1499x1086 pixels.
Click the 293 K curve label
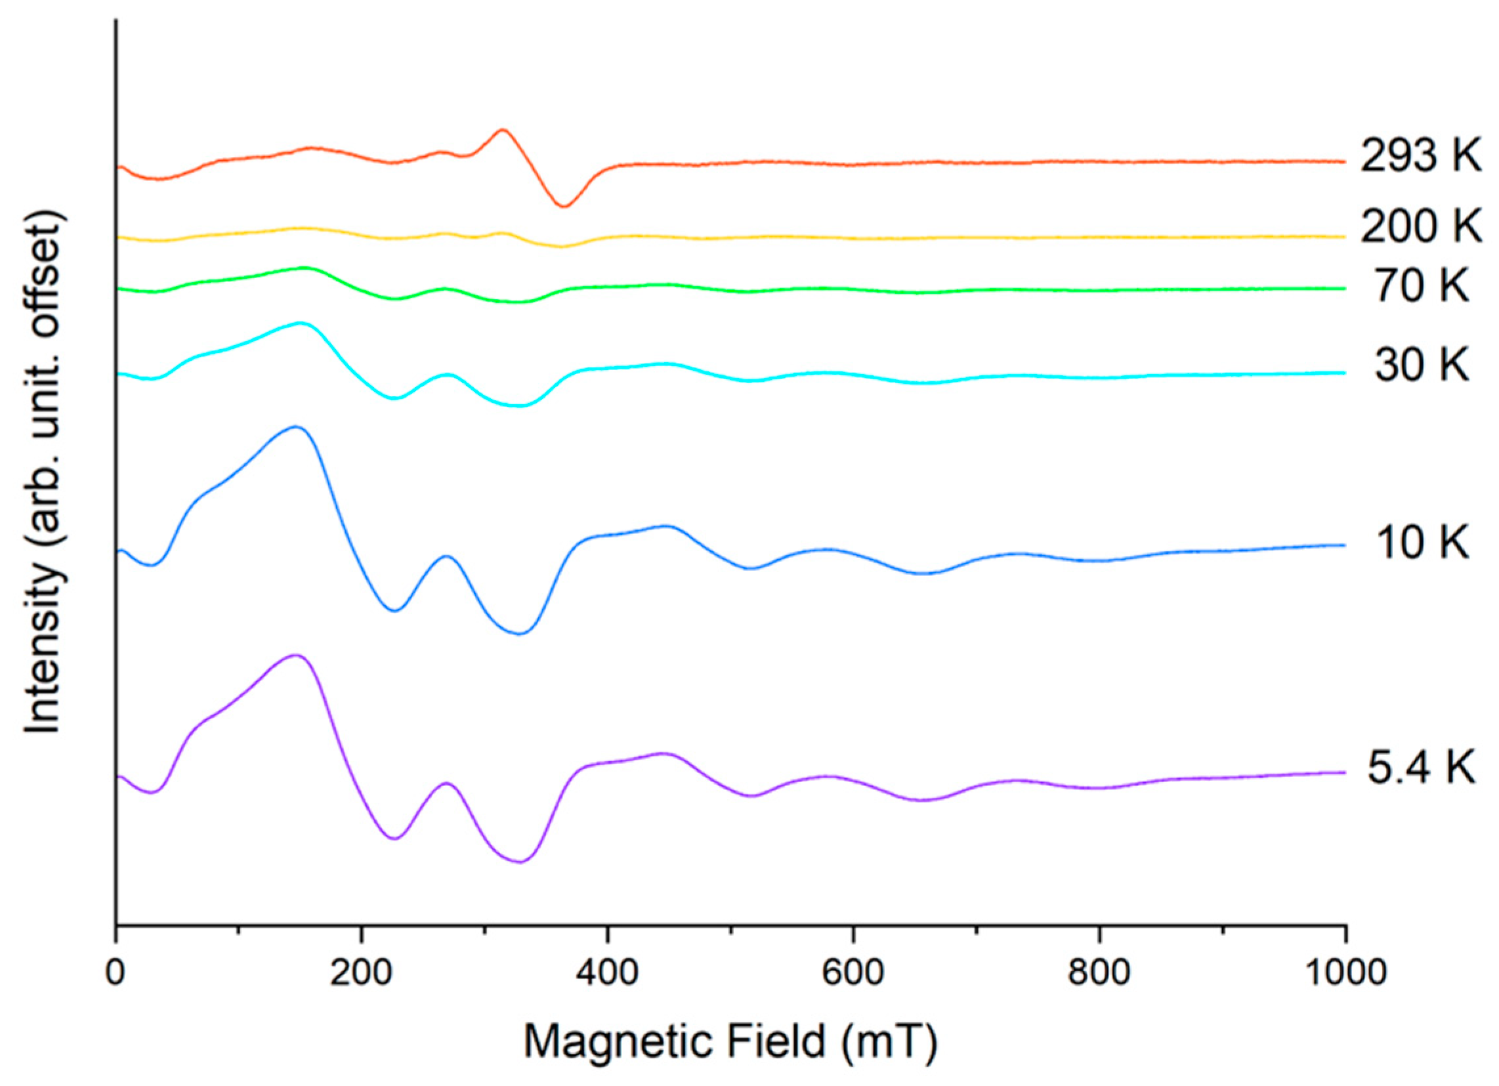click(x=1420, y=157)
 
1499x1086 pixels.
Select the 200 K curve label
click(x=1420, y=227)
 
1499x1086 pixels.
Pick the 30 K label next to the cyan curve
click(x=1421, y=364)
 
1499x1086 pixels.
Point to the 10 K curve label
click(x=1421, y=543)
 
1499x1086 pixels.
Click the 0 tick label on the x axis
click(x=116, y=974)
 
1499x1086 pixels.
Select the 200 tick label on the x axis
click(x=362, y=974)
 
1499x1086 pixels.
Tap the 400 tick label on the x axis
click(x=607, y=974)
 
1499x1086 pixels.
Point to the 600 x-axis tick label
click(x=853, y=974)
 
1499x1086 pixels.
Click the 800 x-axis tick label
click(x=1099, y=974)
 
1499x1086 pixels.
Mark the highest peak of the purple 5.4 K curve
click(x=296, y=656)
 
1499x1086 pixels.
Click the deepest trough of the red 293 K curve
click(x=563, y=206)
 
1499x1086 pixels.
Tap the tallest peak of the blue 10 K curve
click(x=296, y=427)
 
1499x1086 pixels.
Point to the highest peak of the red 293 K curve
click(x=503, y=129)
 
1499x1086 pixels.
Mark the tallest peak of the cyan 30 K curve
click(x=301, y=324)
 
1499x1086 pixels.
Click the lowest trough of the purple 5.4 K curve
click(x=520, y=862)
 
